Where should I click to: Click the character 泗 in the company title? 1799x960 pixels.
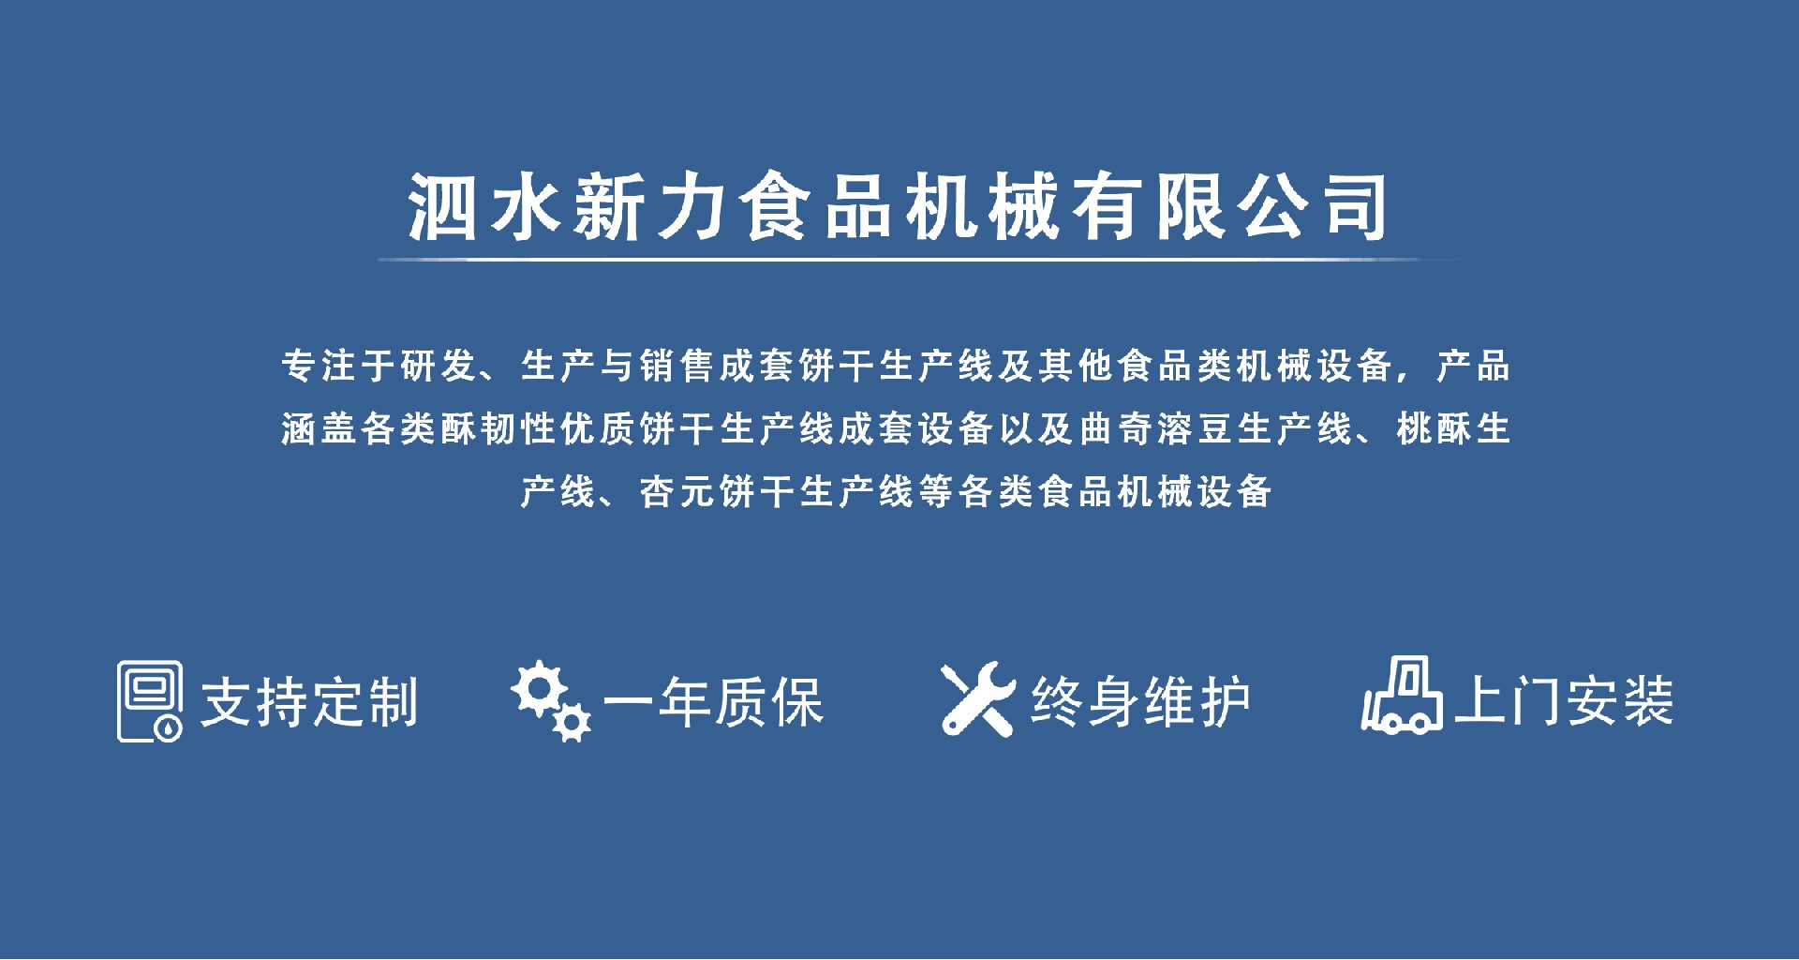point(442,206)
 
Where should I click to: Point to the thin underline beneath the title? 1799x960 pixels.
point(918,259)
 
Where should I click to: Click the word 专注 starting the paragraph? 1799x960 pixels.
point(319,366)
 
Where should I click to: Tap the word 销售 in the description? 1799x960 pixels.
point(677,366)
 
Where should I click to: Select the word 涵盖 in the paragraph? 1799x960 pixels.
point(319,428)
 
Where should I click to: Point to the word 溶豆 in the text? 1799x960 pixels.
point(1195,428)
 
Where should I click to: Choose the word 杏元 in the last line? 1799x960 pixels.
point(677,491)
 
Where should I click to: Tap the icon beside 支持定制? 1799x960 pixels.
point(150,701)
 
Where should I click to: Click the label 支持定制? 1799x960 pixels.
point(309,701)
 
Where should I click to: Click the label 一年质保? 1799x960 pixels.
point(712,701)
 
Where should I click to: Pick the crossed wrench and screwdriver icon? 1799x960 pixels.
point(978,698)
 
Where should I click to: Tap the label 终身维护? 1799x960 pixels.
point(1140,701)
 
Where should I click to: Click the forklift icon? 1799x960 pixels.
point(1402,694)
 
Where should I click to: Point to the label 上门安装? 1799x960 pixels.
point(1564,701)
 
